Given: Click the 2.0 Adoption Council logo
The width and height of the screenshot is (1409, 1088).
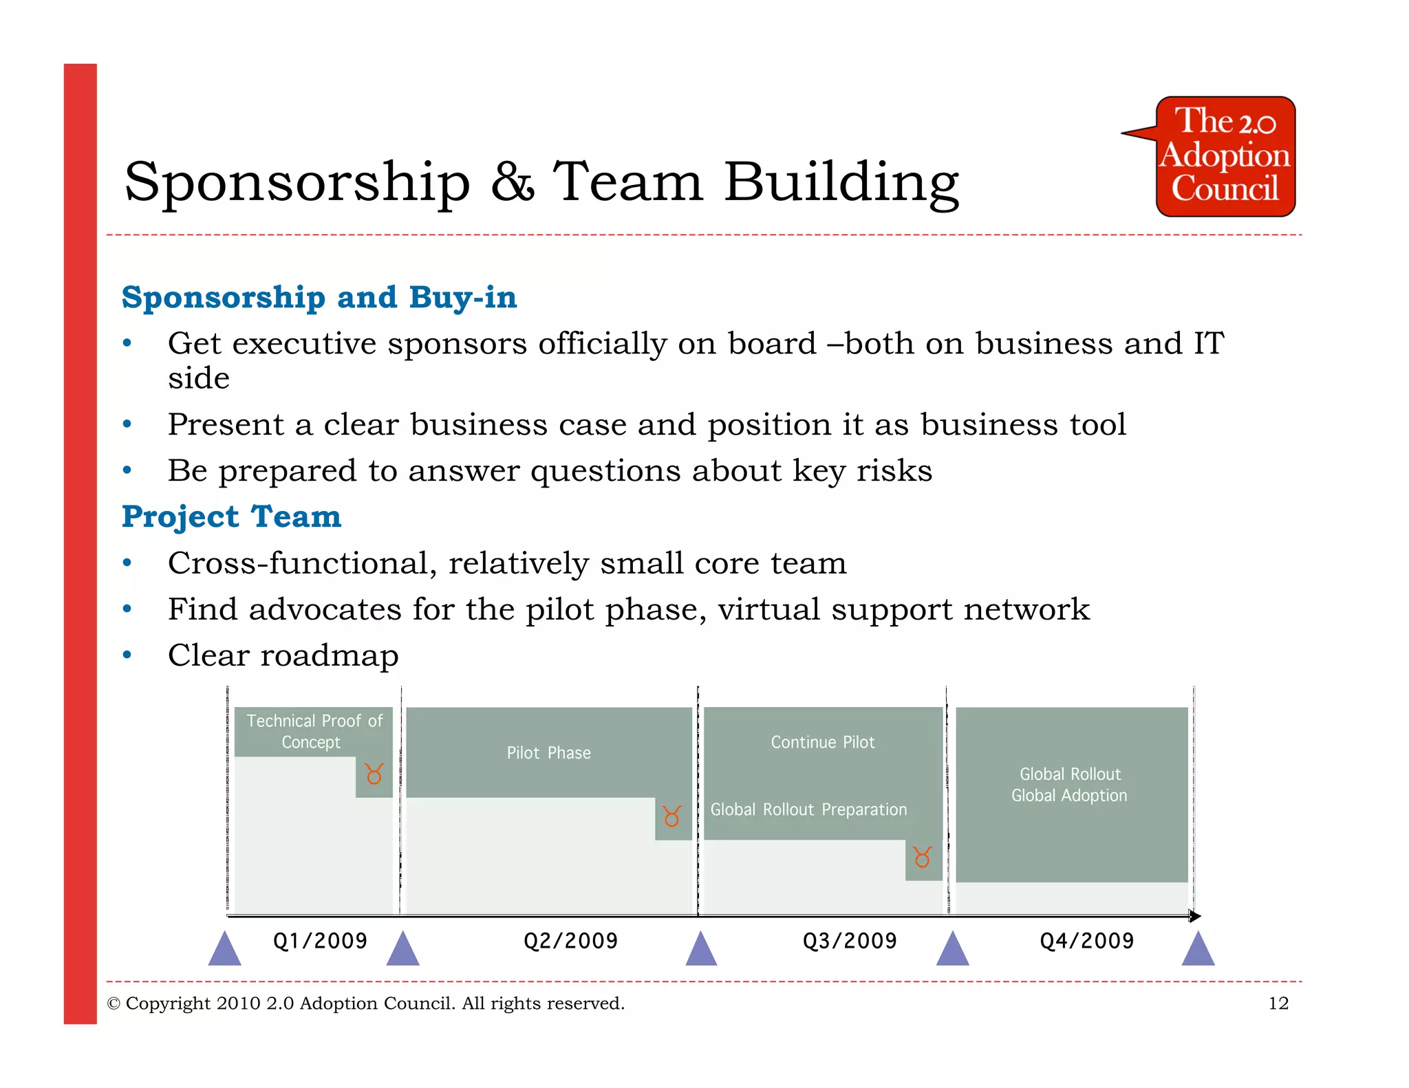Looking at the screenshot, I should (1225, 157).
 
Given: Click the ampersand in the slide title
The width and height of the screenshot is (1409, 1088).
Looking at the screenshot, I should (513, 182).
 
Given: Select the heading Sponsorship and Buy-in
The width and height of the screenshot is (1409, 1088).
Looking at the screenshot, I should (319, 297).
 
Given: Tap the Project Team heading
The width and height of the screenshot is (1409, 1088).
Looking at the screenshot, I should (231, 516).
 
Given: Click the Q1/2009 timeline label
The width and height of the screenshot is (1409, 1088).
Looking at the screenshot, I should (320, 941).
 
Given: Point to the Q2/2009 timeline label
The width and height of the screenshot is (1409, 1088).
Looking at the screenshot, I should (570, 941).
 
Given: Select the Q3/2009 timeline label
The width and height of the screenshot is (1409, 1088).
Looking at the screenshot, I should (850, 941).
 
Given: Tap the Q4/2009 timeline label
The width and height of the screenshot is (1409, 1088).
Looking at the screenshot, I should (1086, 941).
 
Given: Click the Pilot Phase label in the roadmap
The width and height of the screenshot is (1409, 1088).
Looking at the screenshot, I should (548, 753).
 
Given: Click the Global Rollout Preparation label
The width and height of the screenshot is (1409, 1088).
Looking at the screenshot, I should (808, 810).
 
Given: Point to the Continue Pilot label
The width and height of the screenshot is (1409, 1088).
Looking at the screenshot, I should (823, 743).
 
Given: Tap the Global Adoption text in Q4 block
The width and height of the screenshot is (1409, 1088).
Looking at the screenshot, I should (1069, 796).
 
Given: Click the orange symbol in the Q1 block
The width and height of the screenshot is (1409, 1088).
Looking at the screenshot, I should (374, 774).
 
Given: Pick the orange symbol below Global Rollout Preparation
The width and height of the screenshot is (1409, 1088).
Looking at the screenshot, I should (923, 857).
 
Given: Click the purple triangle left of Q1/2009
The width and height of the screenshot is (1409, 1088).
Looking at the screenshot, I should (224, 950).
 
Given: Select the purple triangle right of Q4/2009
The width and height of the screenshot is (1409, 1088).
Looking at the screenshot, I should (1198, 950).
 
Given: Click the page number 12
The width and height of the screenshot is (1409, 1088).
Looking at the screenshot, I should (1278, 1003).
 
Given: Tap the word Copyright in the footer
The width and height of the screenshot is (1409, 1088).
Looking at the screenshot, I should (168, 1003).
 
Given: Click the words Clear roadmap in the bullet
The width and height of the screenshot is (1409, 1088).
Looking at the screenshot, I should (283, 655).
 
